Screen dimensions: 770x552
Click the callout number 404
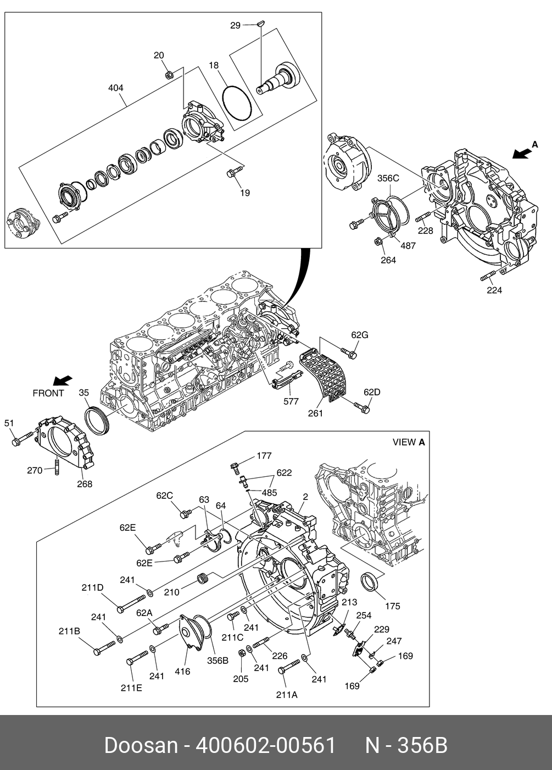pyautogui.click(x=115, y=88)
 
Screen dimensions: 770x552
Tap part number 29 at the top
pyautogui.click(x=235, y=25)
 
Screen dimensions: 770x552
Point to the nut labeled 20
pyautogui.click(x=170, y=74)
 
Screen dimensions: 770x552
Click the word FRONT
pyautogui.click(x=48, y=393)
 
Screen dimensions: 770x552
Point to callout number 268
pyautogui.click(x=84, y=484)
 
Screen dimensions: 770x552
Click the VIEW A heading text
pyautogui.click(x=409, y=442)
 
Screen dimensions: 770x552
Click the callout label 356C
pyautogui.click(x=388, y=178)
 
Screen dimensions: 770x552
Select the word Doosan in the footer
pyautogui.click(x=141, y=745)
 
